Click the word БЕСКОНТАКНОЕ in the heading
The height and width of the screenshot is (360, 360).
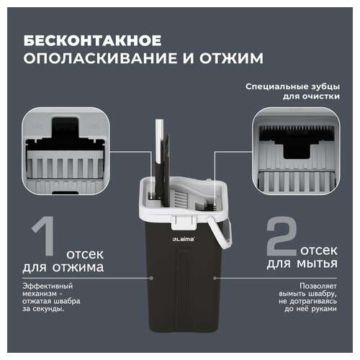(92, 40)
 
